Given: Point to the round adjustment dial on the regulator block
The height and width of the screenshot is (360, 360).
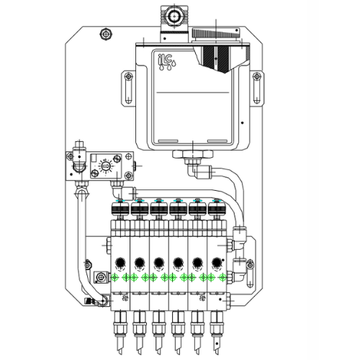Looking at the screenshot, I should (x=106, y=166).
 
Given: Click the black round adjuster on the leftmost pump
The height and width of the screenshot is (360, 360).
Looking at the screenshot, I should (x=120, y=262).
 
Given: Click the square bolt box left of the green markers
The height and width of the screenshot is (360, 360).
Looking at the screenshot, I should (x=98, y=277).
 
